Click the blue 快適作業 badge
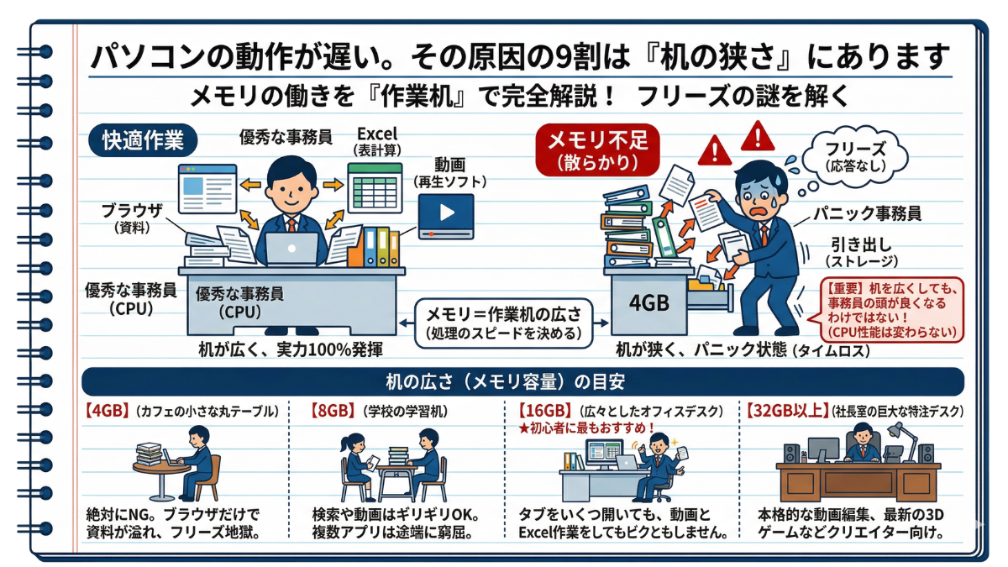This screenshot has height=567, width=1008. [143, 141]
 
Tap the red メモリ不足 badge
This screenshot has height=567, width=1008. [597, 150]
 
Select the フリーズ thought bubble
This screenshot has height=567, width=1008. [855, 158]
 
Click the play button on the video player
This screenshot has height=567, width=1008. [446, 213]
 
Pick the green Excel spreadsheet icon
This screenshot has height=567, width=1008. [375, 188]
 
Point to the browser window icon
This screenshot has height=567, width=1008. [207, 188]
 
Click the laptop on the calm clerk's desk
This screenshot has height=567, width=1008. [291, 249]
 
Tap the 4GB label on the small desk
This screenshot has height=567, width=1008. [648, 303]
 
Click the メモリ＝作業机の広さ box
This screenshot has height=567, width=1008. [503, 323]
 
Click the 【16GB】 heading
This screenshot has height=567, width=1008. [545, 411]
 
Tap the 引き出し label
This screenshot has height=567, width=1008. [861, 245]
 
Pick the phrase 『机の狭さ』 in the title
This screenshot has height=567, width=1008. [719, 57]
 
